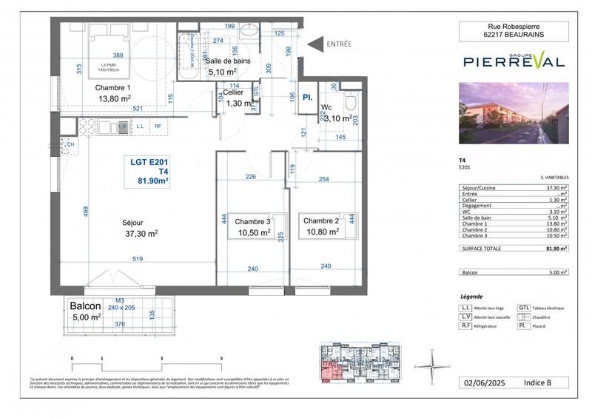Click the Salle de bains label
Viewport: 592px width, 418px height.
(234, 60)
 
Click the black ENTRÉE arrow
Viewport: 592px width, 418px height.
(313, 44)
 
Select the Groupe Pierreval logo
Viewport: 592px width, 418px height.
(513, 61)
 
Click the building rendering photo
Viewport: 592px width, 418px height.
(513, 113)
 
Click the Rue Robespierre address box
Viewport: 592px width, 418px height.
(513, 30)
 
